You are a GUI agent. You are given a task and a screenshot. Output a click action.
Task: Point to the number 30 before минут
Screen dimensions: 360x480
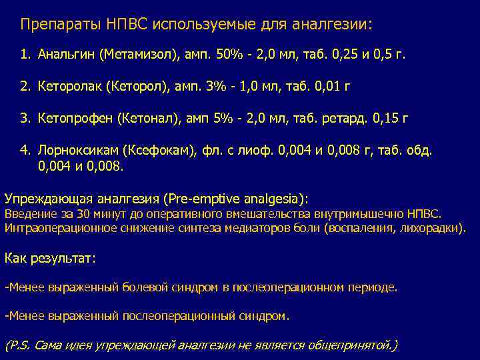point(80,214)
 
